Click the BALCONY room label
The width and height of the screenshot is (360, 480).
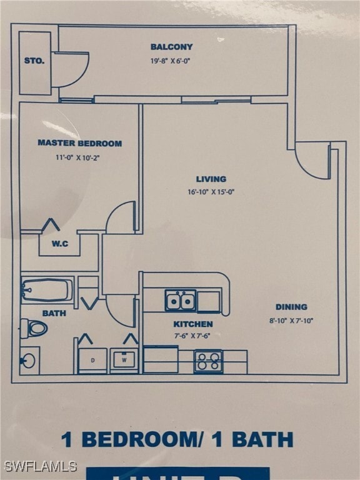point(171,47)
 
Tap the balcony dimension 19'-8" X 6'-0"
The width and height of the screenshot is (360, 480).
point(171,61)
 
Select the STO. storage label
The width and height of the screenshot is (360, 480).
point(34,61)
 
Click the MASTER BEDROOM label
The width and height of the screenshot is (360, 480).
point(79,143)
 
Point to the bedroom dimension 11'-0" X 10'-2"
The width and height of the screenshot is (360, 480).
point(77,157)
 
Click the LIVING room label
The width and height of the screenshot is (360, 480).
point(211,179)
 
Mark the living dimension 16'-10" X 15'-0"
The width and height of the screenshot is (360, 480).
point(211,192)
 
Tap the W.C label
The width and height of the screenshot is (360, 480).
point(60,244)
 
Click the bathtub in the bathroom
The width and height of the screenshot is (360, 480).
point(47,290)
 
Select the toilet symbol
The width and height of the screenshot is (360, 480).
point(34,328)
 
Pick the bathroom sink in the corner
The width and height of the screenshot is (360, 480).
point(28,360)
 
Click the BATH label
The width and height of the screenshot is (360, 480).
point(54,313)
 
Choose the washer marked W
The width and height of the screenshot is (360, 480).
point(124,361)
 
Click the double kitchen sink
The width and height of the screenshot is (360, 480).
point(180,301)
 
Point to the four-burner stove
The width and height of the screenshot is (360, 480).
point(208,361)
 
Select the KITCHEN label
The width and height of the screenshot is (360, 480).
point(193,324)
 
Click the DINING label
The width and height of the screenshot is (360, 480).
point(291,307)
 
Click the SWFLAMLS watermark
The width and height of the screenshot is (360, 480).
point(40,466)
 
